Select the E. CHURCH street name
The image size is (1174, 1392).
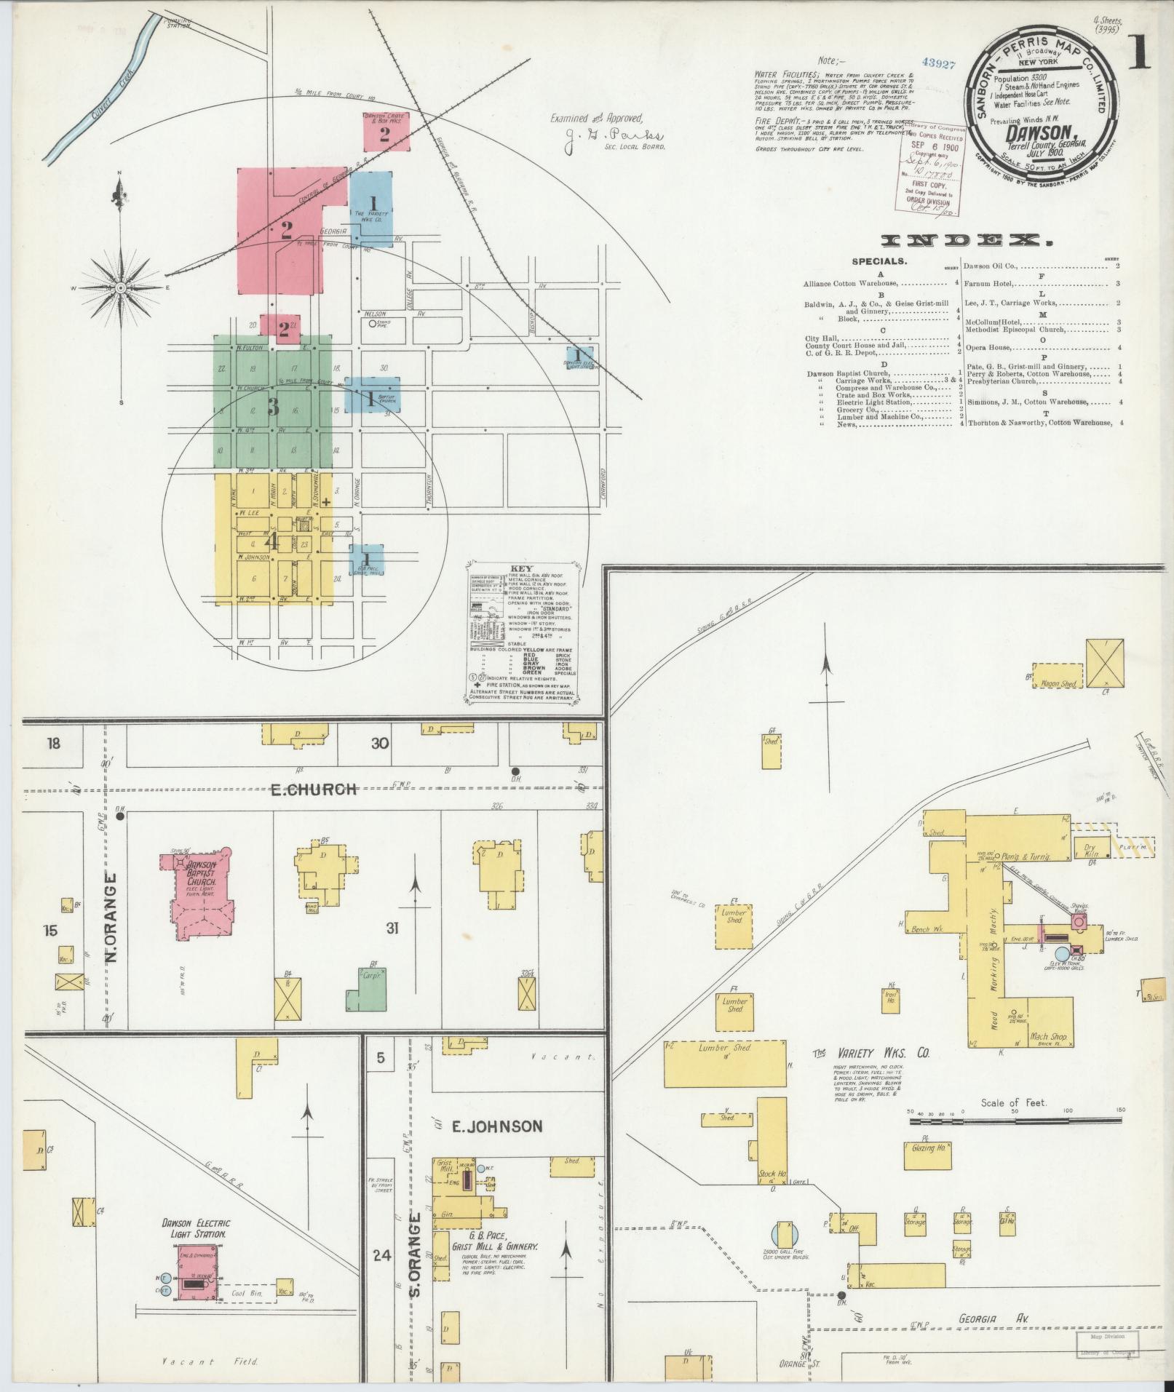[313, 790]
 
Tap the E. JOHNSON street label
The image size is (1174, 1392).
[496, 1127]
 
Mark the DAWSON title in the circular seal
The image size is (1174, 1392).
[1032, 132]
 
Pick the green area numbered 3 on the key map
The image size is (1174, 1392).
[273, 406]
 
